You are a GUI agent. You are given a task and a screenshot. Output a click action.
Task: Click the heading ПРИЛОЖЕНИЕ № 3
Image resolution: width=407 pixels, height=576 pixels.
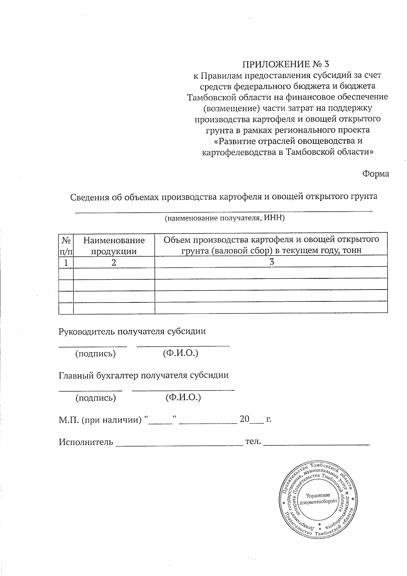point(285,64)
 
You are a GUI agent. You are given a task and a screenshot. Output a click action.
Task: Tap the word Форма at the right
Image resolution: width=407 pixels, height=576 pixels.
point(375,174)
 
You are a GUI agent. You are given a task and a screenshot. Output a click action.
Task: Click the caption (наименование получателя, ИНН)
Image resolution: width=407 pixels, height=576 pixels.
point(224,218)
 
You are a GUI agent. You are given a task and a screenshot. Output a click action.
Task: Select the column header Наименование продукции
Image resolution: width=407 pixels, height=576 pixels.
point(114,246)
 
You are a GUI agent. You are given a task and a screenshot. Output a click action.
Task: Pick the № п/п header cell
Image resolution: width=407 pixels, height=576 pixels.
point(66,246)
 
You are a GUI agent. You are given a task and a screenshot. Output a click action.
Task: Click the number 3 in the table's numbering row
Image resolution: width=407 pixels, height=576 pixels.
point(271,262)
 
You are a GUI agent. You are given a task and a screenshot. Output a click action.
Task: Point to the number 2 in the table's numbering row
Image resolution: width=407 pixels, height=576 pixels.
point(114,262)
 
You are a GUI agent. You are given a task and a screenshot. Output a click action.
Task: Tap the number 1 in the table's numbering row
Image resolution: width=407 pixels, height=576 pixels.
point(66,262)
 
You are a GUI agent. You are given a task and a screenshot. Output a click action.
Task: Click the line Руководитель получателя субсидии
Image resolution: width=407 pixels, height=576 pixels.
point(132,331)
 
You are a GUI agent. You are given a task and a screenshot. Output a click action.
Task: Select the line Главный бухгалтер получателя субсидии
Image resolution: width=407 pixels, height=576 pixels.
point(143,375)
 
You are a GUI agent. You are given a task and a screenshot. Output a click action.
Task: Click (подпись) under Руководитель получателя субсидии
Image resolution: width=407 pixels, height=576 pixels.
point(95,354)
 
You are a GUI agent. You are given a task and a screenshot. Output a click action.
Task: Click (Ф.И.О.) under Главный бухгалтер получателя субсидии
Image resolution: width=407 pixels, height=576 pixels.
point(183,397)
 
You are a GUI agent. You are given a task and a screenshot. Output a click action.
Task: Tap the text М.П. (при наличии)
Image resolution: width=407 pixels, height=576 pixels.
point(100,420)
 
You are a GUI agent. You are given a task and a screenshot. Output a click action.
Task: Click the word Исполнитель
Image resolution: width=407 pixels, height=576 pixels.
point(86,442)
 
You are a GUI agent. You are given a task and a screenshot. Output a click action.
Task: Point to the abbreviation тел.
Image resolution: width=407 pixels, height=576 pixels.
point(252,442)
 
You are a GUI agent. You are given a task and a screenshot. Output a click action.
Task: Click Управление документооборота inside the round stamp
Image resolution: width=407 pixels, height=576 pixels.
point(318,498)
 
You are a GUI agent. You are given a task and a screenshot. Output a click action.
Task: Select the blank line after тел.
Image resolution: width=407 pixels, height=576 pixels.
point(316,444)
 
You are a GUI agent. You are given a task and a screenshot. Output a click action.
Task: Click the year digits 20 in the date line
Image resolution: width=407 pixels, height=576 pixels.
point(244,419)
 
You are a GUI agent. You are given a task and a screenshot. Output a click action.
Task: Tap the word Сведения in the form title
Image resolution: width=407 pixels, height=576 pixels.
point(90,197)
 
